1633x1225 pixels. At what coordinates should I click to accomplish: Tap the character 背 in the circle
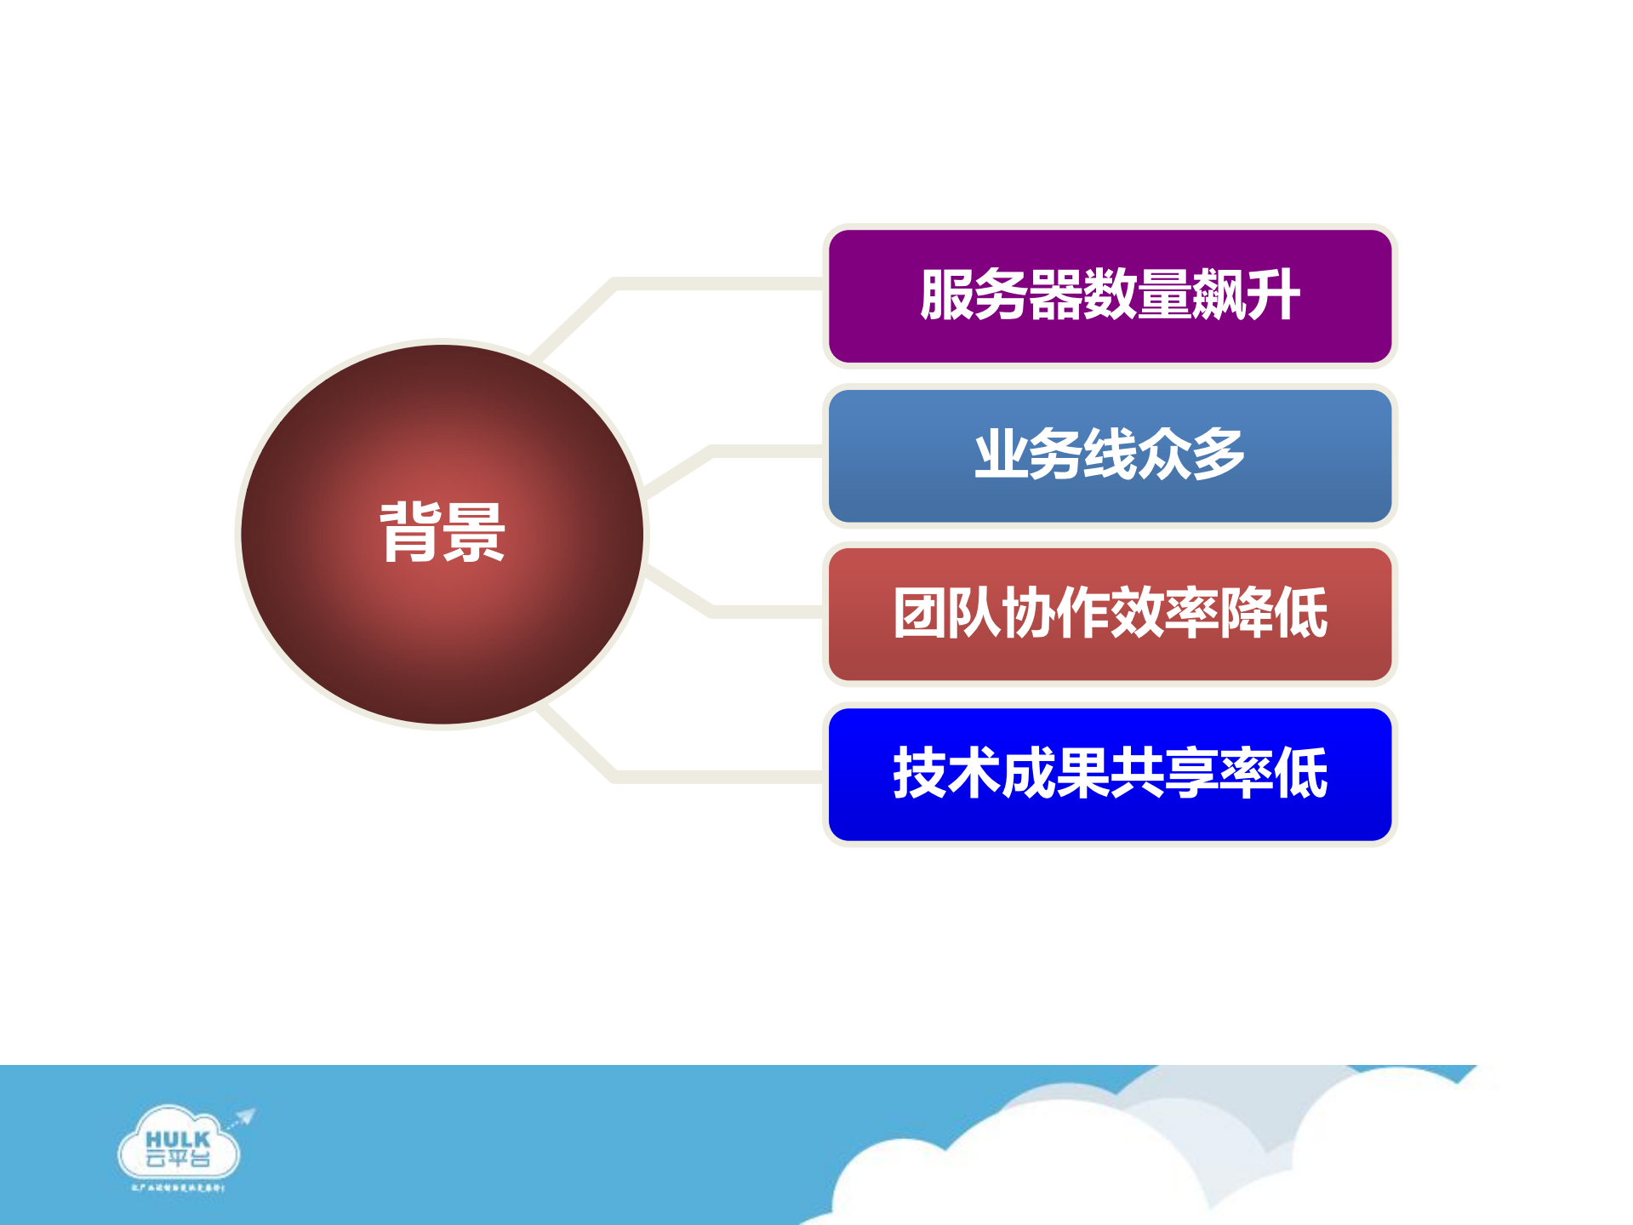(x=410, y=532)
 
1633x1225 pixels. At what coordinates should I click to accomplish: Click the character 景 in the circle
(x=474, y=532)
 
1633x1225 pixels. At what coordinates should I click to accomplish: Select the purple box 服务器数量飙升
(x=1110, y=341)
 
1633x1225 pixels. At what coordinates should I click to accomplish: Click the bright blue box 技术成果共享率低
(x=1110, y=817)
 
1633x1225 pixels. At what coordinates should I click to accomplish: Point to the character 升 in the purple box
(x=1272, y=295)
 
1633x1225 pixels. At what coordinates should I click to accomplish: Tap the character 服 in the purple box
(x=947, y=295)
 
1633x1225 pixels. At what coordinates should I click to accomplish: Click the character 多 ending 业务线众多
(x=1218, y=454)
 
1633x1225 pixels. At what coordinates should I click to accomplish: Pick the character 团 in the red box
(x=920, y=613)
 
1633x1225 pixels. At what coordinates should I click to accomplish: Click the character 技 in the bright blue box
(x=920, y=773)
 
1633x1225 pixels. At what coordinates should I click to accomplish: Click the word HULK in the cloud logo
(x=178, y=1139)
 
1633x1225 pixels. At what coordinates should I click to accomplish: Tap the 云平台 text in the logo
(x=178, y=1159)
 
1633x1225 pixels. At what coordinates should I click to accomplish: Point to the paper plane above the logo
(x=245, y=1116)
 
